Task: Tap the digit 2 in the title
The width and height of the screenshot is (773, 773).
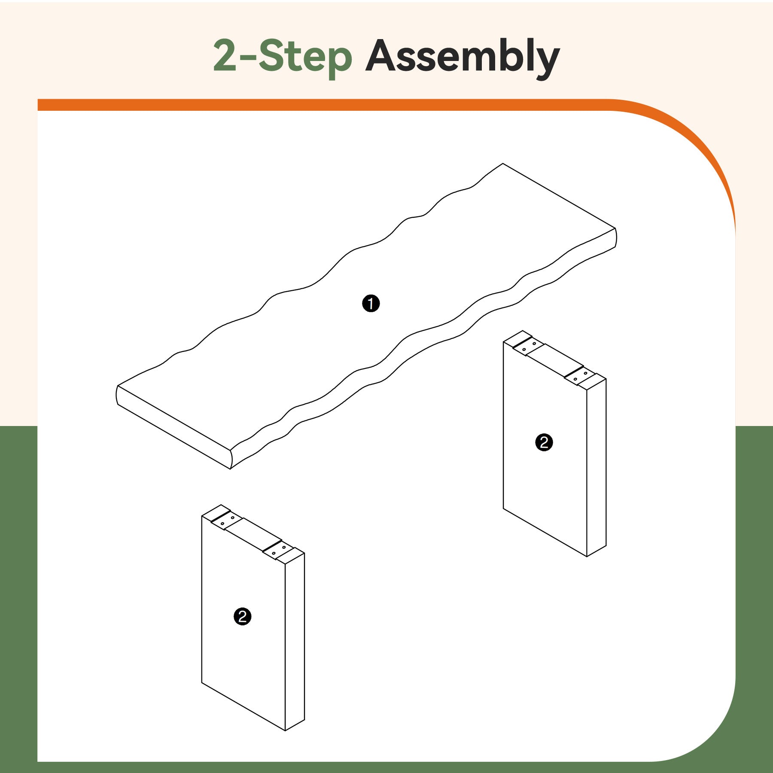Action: click(225, 55)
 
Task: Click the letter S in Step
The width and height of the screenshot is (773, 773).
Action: click(271, 55)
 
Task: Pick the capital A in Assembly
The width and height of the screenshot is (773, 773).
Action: click(381, 55)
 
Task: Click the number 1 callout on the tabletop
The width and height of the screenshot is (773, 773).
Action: click(371, 304)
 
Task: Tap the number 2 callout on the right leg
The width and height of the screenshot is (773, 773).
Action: click(544, 442)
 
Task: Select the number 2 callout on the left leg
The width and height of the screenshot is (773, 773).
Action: click(242, 617)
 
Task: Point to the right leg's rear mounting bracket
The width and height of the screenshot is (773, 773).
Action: click(529, 346)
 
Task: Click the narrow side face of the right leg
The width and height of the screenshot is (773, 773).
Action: click(596, 467)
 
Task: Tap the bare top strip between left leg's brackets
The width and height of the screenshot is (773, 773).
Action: click(253, 535)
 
